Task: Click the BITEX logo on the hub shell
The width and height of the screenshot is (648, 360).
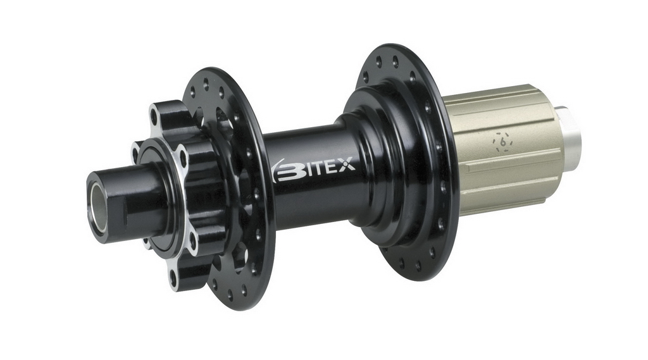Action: pyautogui.click(x=315, y=169)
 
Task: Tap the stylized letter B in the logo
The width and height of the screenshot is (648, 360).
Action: pyautogui.click(x=289, y=171)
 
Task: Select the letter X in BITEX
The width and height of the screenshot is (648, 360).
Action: pyautogui.click(x=347, y=166)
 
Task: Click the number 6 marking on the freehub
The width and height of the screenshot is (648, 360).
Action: pyautogui.click(x=504, y=142)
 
